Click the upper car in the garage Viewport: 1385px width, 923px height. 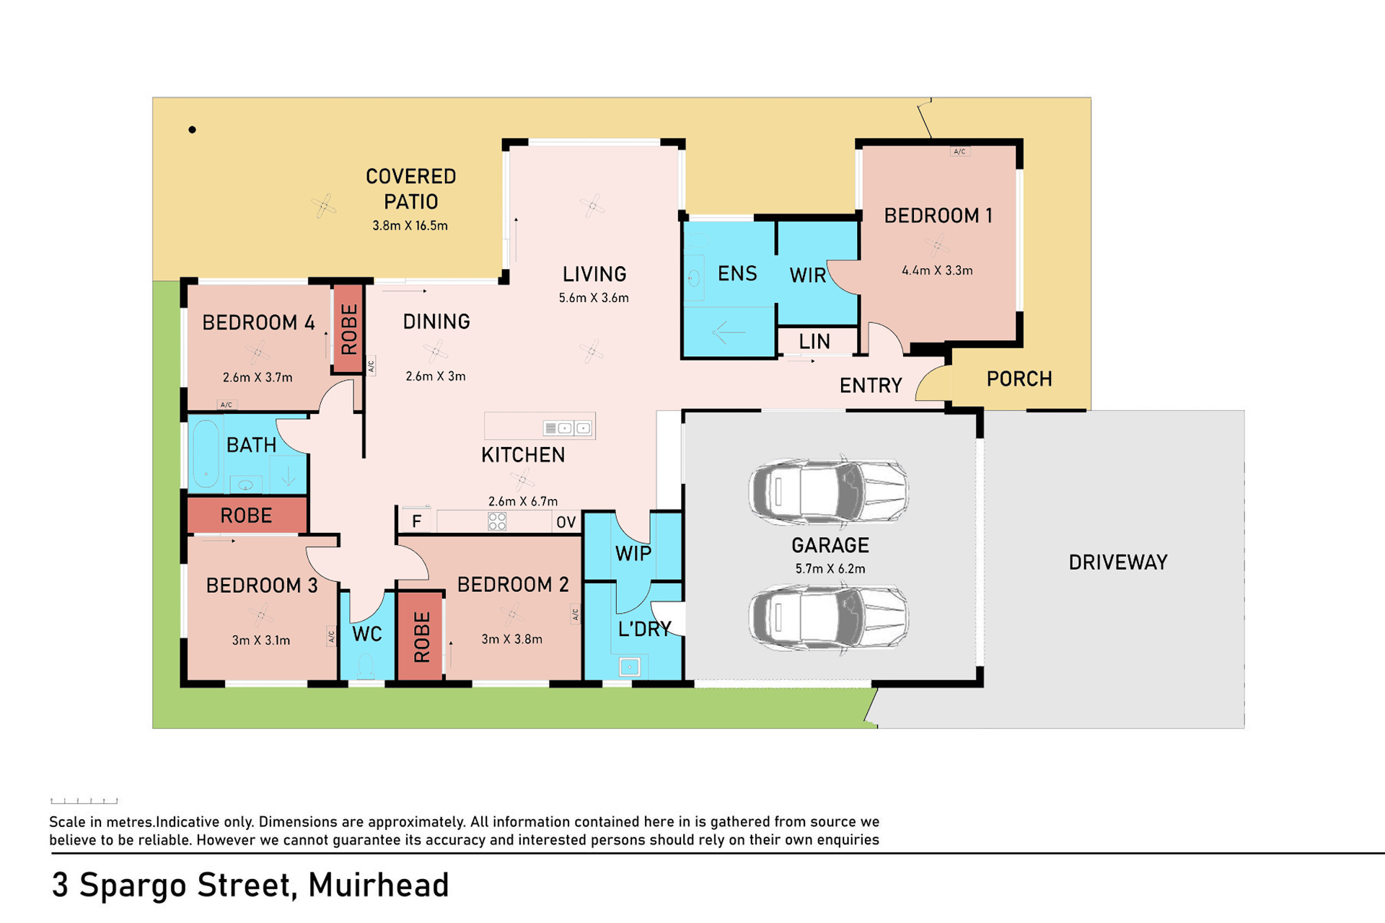pyautogui.click(x=828, y=491)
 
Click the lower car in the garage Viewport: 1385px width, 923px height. pyautogui.click(x=828, y=618)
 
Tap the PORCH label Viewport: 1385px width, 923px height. pyautogui.click(x=1019, y=379)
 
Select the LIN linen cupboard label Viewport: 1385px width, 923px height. pyautogui.click(x=814, y=342)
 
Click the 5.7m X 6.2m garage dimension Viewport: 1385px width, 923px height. pyautogui.click(x=830, y=568)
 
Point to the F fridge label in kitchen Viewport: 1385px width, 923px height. pyautogui.click(x=416, y=521)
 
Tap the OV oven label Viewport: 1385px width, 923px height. pyautogui.click(x=566, y=522)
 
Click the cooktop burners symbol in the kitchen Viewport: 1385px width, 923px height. pyautogui.click(x=497, y=521)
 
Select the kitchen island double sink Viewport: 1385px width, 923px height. pyautogui.click(x=568, y=428)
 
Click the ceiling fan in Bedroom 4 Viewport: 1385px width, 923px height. pyautogui.click(x=258, y=352)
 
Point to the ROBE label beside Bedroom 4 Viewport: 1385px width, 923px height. pyautogui.click(x=349, y=329)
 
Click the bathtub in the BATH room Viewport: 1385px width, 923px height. pyautogui.click(x=206, y=454)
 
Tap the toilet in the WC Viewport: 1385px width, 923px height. pyautogui.click(x=366, y=666)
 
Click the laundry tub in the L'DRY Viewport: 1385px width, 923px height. pyautogui.click(x=630, y=667)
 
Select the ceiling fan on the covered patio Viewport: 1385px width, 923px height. pyautogui.click(x=323, y=206)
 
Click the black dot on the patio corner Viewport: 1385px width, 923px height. pyautogui.click(x=192, y=130)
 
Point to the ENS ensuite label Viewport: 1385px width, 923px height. pyautogui.click(x=737, y=273)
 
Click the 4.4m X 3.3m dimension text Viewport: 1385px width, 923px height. pyautogui.click(x=937, y=270)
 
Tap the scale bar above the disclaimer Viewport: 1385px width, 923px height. pyautogui.click(x=84, y=800)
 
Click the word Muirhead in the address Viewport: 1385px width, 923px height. pyautogui.click(x=379, y=885)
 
